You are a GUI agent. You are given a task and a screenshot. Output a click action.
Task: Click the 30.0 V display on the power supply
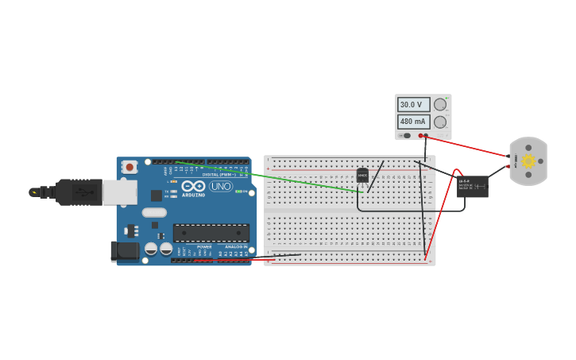tap(413, 104)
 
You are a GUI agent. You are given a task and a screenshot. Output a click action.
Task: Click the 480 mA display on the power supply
tap(413, 122)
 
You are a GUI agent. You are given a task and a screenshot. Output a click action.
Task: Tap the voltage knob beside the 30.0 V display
tap(440, 104)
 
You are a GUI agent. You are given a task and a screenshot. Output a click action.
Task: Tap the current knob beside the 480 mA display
tap(440, 122)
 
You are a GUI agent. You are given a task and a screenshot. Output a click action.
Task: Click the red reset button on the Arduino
tap(129, 167)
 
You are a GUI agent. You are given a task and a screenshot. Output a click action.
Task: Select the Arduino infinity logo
tap(193, 186)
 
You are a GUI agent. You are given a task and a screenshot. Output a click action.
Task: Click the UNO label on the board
tap(221, 186)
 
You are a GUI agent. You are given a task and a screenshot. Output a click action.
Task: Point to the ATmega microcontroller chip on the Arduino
tap(211, 233)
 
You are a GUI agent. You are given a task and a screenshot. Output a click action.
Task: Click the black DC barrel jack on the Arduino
tap(124, 251)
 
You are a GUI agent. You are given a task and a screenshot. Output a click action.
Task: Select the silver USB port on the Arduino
tap(119, 192)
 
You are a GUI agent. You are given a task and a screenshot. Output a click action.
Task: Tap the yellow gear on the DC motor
tap(528, 161)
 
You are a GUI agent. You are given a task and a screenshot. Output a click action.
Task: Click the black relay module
tap(472, 186)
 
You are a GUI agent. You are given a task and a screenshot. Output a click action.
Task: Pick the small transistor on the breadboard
tap(362, 176)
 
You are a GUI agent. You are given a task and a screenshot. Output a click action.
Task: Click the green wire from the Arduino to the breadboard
tap(270, 177)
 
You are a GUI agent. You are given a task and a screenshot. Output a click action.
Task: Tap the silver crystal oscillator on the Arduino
tap(154, 212)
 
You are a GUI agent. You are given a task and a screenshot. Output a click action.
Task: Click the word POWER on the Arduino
tap(204, 247)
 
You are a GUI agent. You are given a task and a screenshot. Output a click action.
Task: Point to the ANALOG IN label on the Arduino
tap(235, 247)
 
